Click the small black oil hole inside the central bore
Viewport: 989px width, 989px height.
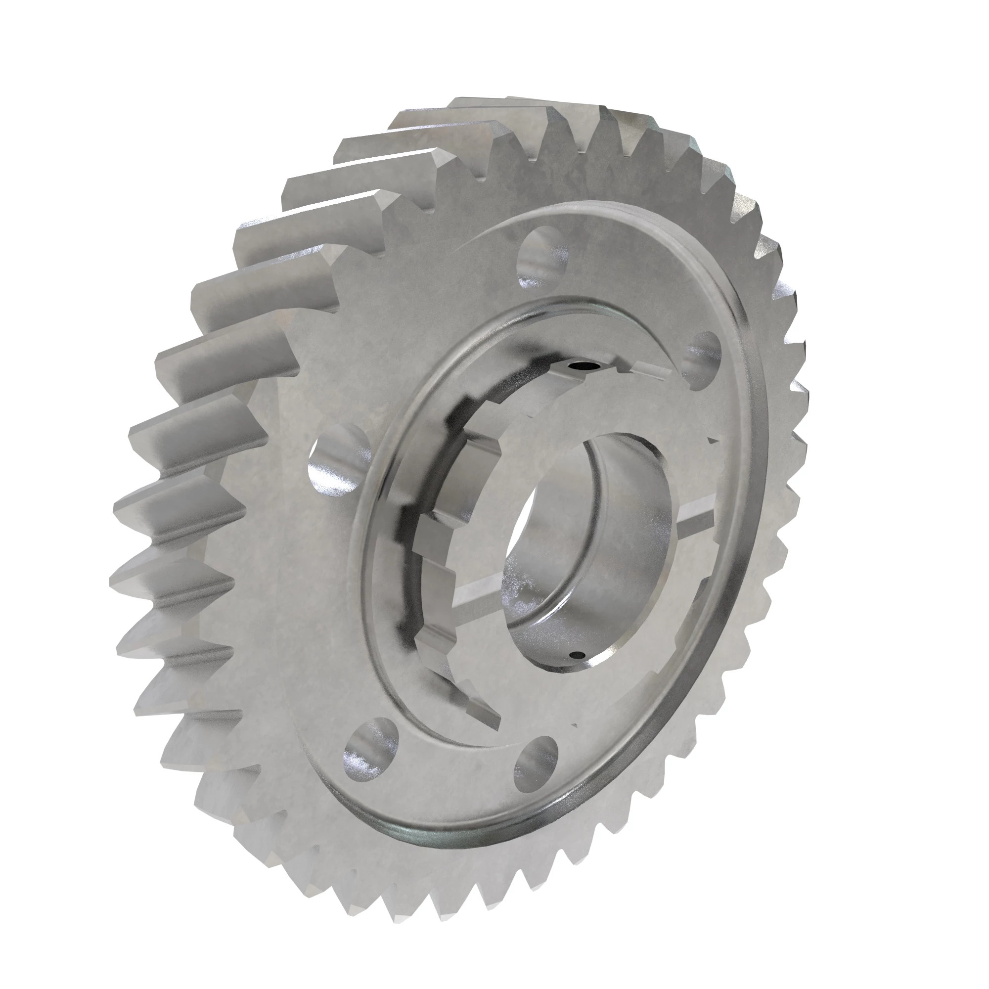tap(578, 655)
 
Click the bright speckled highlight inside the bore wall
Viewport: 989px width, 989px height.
tap(517, 584)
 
